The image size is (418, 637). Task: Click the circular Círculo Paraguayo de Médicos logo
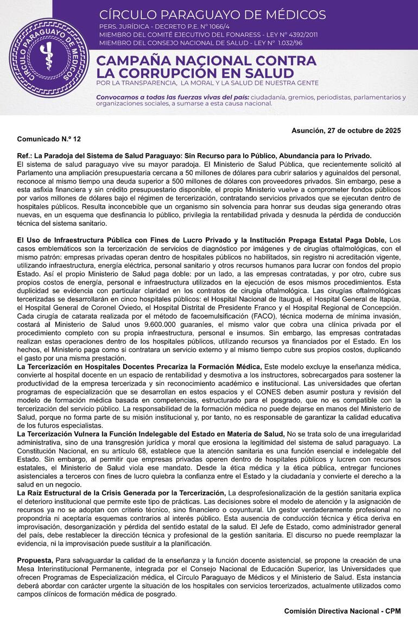point(49,58)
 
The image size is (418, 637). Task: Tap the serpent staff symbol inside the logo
point(49,58)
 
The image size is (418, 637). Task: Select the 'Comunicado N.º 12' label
point(49,139)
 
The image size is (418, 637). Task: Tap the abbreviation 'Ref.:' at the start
point(25,155)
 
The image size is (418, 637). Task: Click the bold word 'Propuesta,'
point(35,560)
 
